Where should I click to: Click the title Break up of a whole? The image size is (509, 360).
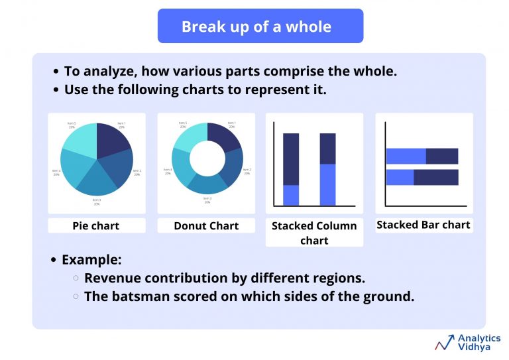[x=256, y=27]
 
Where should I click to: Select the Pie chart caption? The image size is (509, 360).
[x=96, y=225]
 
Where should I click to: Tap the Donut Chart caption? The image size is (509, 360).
[x=206, y=225]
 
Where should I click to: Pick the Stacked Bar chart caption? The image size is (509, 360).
[x=424, y=225]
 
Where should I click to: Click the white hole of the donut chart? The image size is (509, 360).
[x=207, y=159]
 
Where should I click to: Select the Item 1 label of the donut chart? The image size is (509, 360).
[x=232, y=123]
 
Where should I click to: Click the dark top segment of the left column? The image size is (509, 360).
[x=291, y=158]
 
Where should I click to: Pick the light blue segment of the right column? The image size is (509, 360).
[x=327, y=184]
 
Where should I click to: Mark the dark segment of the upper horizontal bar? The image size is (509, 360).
[x=441, y=156]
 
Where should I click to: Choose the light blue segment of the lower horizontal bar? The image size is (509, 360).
[x=400, y=178]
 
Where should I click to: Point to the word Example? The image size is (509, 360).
[x=91, y=260]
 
